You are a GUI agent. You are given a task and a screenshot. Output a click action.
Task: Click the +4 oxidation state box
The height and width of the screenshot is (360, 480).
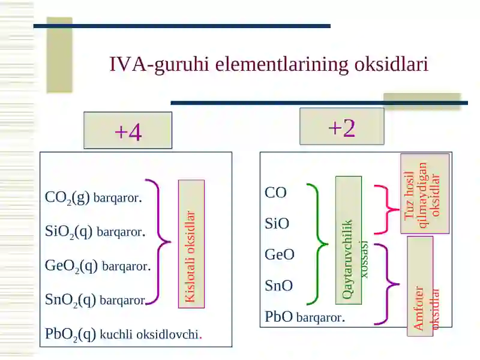click(128, 130)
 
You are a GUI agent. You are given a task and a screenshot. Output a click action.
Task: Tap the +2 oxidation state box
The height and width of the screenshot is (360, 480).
click(341, 126)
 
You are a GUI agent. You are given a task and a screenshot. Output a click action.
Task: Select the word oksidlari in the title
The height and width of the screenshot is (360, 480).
click(391, 64)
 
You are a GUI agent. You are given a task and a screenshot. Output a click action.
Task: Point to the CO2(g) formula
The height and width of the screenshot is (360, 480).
click(67, 197)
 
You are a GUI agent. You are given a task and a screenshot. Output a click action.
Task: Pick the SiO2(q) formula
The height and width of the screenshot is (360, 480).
click(68, 232)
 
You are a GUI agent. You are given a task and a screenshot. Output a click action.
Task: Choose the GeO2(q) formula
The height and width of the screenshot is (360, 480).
click(71, 266)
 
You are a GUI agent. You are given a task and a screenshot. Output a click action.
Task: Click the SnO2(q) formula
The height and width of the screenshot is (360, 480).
click(70, 299)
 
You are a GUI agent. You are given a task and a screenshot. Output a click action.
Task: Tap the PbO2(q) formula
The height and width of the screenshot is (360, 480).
click(70, 334)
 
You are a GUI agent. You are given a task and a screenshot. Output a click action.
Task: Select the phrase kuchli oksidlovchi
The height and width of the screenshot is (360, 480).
click(149, 334)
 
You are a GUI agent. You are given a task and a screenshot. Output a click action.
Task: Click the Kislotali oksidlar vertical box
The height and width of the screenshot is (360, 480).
click(191, 244)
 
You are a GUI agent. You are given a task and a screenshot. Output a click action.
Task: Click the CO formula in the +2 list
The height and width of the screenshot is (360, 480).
click(275, 193)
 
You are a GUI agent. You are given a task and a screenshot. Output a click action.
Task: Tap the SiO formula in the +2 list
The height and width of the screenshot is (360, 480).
click(277, 223)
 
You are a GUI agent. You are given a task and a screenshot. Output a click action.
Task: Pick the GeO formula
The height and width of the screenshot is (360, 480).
click(280, 254)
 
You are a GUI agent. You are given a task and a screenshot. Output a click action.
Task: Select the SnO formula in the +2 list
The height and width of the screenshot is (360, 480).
click(278, 286)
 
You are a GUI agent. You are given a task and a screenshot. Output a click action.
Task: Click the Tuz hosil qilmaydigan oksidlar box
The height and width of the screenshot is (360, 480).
click(425, 193)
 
